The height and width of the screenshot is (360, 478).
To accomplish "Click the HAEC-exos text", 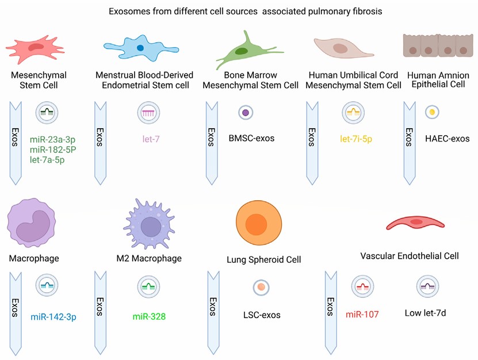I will click(448, 138).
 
